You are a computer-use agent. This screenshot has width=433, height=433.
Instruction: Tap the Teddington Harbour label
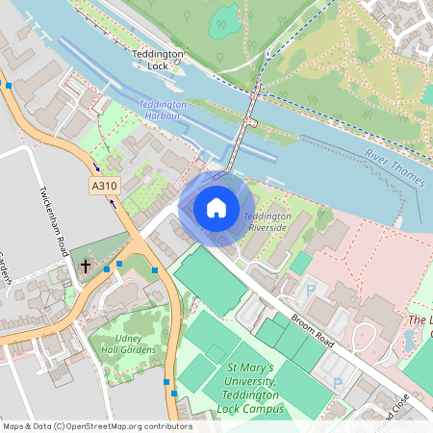point(160,110)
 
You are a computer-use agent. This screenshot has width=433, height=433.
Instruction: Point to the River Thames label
point(395,168)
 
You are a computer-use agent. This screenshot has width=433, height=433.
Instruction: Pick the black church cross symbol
point(86,265)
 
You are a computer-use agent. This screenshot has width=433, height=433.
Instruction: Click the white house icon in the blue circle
point(216,207)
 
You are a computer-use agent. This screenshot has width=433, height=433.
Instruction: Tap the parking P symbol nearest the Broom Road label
point(310,289)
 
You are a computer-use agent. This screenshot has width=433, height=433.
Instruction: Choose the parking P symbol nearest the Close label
point(338,383)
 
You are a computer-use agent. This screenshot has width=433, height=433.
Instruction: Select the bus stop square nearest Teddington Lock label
point(8,86)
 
